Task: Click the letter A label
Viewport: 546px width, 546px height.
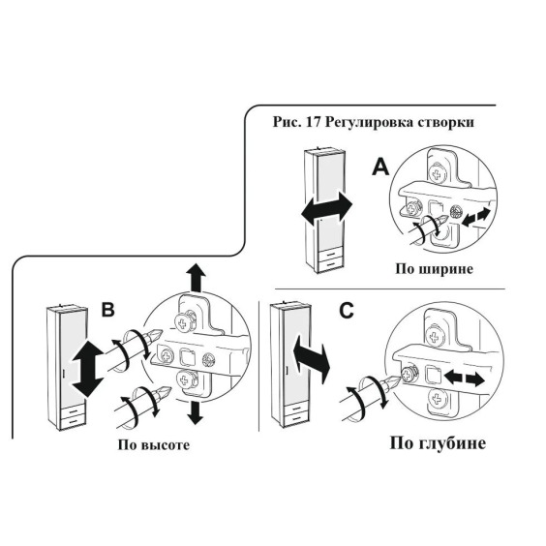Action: tap(380, 167)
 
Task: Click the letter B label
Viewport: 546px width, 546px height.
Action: tap(108, 309)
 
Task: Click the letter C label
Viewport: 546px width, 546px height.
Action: tap(347, 311)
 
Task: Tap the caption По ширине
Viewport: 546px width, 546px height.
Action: tap(434, 269)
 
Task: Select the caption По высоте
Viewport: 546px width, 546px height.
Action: tap(154, 445)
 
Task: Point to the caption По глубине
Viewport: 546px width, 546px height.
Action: tap(438, 443)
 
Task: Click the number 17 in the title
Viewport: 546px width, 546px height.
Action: tap(313, 122)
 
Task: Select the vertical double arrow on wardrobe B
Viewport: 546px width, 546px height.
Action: tap(87, 369)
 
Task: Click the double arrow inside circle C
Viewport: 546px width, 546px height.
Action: tap(465, 379)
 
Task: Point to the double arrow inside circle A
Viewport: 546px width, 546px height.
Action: tap(475, 216)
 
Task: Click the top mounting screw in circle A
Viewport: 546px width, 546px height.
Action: tap(436, 174)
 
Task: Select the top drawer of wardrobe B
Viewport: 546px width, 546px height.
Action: tap(73, 411)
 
